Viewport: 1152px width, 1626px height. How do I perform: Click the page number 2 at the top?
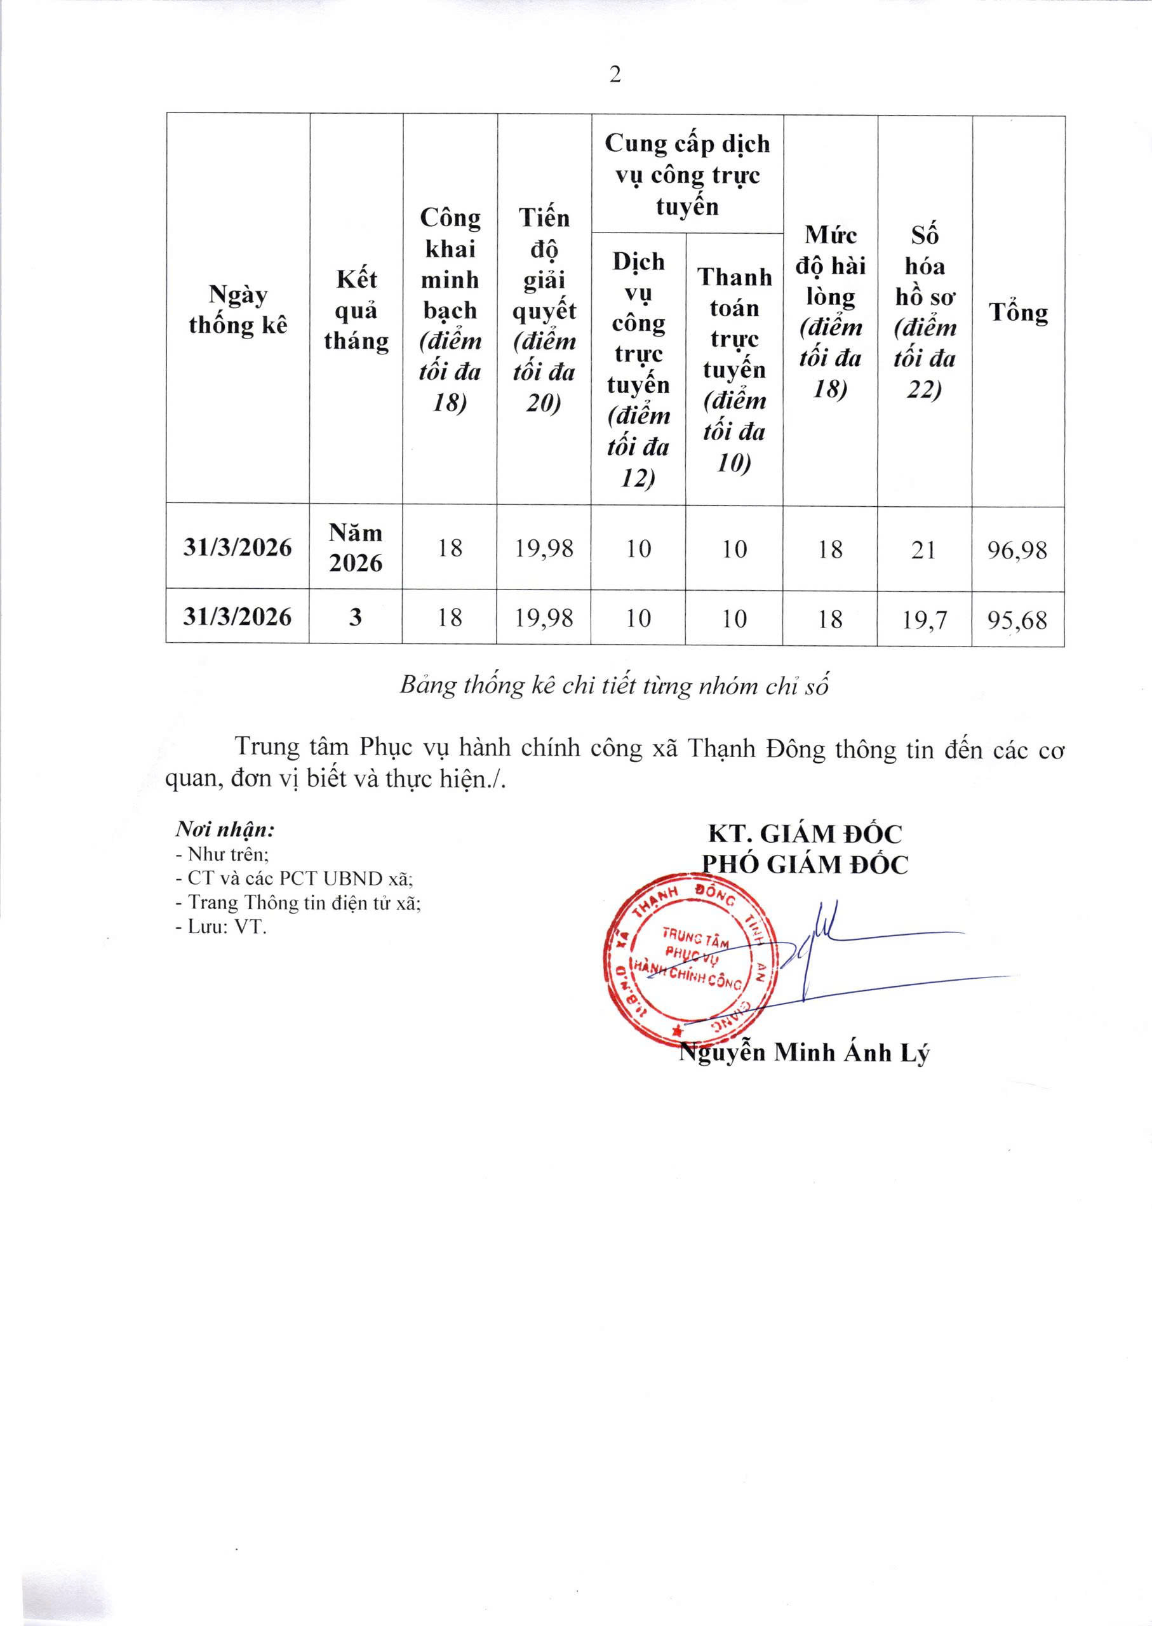point(615,74)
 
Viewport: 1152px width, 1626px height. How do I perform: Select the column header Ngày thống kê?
point(238,310)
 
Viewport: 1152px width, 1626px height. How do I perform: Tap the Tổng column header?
point(1018,312)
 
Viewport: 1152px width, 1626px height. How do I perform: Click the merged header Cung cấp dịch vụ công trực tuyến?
point(687,175)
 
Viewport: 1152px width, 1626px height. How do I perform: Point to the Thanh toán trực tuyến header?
point(734,369)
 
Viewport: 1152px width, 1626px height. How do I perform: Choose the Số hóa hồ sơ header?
point(924,312)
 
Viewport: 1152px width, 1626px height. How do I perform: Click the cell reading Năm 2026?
point(356,547)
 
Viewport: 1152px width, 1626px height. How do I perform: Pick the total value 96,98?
point(1017,550)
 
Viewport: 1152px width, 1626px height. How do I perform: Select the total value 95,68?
point(1017,619)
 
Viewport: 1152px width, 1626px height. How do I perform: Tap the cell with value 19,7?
point(924,619)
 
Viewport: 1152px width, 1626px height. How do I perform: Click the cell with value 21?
point(923,550)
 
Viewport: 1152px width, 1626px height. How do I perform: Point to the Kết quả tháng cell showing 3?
point(356,617)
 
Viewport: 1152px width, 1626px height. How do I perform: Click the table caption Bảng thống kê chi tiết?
point(614,686)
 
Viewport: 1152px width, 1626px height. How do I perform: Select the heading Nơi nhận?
point(225,830)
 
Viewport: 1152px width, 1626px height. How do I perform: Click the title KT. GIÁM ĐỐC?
point(805,833)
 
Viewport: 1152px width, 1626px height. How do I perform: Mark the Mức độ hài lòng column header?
point(829,312)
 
